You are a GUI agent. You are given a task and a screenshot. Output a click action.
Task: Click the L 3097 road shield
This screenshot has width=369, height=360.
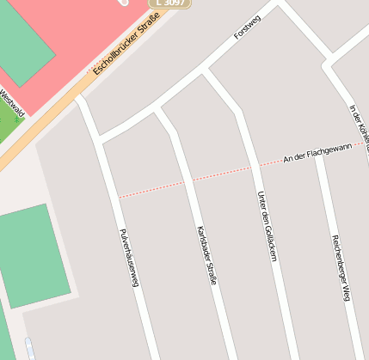pyautogui.click(x=169, y=3)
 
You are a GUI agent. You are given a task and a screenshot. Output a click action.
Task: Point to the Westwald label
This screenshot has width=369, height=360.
pyautogui.click(x=13, y=102)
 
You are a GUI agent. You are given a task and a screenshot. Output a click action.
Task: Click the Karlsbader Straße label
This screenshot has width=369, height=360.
pyautogui.click(x=206, y=254)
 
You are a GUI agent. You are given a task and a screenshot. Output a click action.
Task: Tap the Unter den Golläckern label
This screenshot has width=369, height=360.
pyautogui.click(x=267, y=226)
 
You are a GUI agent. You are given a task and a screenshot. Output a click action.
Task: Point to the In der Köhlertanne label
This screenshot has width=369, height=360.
pyautogui.click(x=360, y=129)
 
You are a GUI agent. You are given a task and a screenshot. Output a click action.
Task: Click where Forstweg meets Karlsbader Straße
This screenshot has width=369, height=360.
pyautogui.click(x=157, y=110)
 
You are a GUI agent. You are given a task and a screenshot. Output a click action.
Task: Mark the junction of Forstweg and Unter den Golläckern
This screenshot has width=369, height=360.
pyautogui.click(x=205, y=74)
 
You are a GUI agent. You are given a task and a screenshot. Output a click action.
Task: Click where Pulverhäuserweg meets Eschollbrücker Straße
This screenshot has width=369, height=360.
pyautogui.click(x=80, y=98)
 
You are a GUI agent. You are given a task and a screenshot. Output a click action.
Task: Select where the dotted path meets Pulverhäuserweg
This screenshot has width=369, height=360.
pyautogui.click(x=118, y=197)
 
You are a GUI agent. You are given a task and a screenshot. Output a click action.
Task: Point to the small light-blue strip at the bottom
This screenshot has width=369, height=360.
pyautogui.click(x=31, y=349)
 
